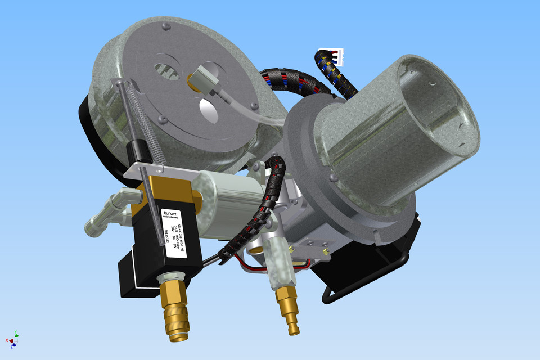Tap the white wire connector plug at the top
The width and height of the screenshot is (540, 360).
click(x=337, y=56)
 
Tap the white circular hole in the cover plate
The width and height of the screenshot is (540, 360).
click(x=208, y=110)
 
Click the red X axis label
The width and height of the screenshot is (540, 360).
click(x=7, y=340)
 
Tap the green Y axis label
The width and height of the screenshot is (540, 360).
click(x=16, y=332)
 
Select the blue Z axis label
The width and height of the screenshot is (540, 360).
click(x=12, y=346)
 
